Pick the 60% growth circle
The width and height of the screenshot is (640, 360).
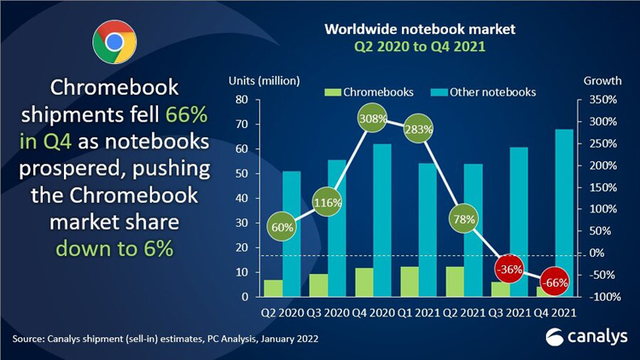(x=283, y=229)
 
